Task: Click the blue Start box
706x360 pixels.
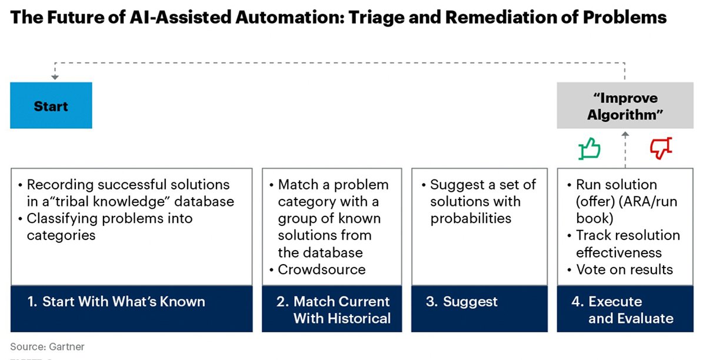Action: point(51,106)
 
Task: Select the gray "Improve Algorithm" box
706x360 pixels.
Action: point(624,106)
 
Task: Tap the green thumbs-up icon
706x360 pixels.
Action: point(589,149)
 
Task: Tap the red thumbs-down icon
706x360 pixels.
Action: point(660,149)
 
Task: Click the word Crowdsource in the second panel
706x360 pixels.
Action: point(321,269)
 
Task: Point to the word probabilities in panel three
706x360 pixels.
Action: point(471,218)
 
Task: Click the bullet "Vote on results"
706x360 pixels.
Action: point(624,269)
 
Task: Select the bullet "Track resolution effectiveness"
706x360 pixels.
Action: point(627,244)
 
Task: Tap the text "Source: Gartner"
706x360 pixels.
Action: point(47,346)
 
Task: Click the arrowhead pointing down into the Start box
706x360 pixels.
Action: point(54,78)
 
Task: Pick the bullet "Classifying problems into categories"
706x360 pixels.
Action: point(109,226)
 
